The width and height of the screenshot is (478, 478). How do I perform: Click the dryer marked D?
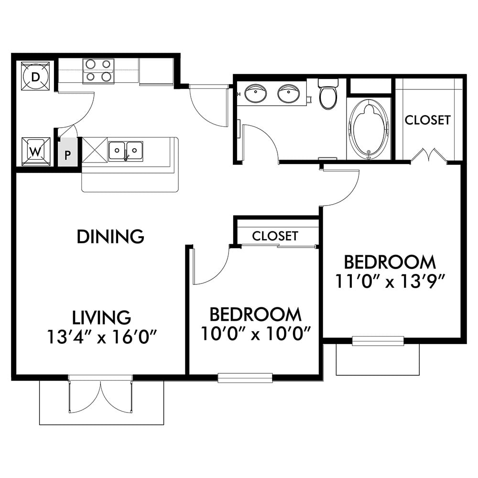point(35,76)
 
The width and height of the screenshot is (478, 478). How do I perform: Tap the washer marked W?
point(36,152)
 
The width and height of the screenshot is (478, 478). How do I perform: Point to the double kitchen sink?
point(126,151)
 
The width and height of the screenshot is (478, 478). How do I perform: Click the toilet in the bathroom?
point(328,93)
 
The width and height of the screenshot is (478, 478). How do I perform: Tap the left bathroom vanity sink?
point(256,93)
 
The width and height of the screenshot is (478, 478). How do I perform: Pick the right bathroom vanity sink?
point(288,93)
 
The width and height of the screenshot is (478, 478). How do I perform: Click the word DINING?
point(110,237)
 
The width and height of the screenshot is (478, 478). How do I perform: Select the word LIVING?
point(101,317)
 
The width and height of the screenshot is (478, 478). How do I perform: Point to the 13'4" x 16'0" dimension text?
point(102,337)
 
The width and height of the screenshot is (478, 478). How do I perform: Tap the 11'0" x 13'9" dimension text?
point(389,281)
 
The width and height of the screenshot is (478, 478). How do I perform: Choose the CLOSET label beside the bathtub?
point(427,120)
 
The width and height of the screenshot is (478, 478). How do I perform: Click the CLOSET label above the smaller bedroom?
point(275,236)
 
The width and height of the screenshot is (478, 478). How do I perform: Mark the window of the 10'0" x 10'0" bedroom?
point(245,378)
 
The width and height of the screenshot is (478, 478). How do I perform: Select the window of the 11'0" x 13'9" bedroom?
point(378,341)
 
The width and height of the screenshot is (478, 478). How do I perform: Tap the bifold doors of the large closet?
point(429,155)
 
